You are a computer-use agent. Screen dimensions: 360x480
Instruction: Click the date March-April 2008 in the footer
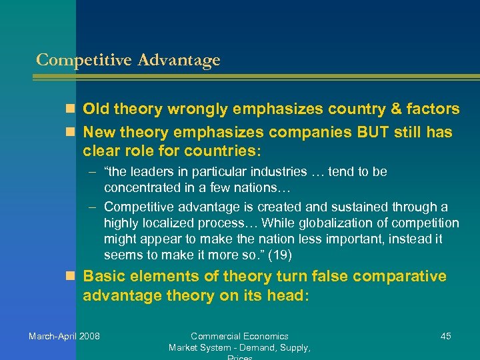tap(64, 336)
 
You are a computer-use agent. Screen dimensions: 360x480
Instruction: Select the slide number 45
tap(446, 336)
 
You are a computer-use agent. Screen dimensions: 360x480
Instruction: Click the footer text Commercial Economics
tap(239, 336)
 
